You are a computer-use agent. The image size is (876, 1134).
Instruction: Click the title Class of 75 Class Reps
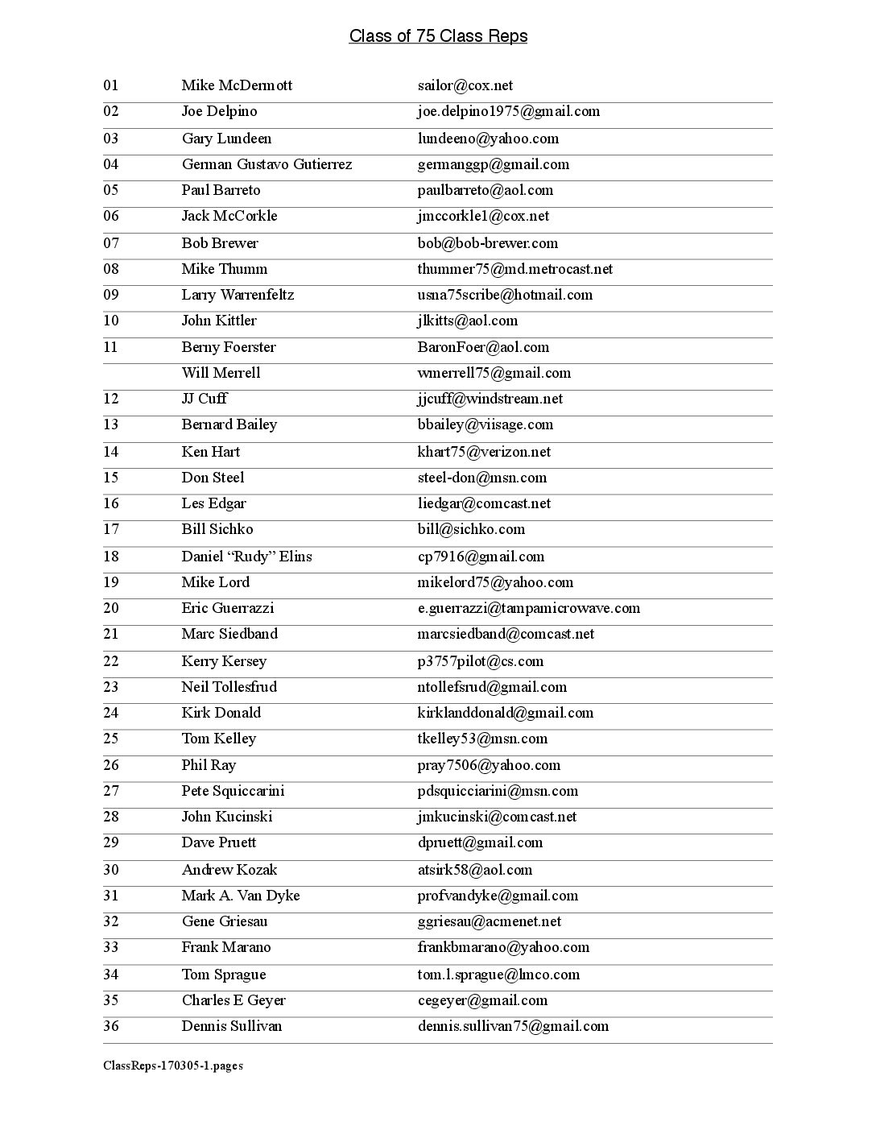[438, 36]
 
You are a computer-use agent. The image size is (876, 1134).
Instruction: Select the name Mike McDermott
[237, 85]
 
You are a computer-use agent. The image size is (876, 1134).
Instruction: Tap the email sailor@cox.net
[465, 85]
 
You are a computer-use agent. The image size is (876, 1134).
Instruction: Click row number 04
[110, 164]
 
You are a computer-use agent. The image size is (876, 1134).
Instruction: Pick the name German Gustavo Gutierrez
[267, 164]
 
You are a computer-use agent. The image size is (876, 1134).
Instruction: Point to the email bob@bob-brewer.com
[487, 243]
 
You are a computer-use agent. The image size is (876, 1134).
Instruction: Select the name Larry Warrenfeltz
[238, 295]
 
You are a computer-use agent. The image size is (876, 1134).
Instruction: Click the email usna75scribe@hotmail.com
[505, 295]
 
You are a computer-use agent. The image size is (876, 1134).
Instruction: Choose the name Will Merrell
[221, 373]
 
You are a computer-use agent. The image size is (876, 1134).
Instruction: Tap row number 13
[110, 424]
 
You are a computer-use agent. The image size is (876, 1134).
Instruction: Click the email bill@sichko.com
[471, 529]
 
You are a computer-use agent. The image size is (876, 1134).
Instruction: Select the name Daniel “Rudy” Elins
[246, 557]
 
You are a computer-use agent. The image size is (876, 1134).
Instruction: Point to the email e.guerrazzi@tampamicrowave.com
[528, 608]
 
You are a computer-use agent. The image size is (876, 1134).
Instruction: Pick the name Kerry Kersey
[224, 661]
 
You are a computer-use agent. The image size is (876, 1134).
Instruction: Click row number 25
[110, 739]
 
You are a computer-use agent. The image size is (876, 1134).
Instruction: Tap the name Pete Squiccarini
[233, 791]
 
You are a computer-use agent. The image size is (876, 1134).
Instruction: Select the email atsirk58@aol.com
[474, 870]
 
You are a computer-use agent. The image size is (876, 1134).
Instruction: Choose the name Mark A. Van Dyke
[240, 896]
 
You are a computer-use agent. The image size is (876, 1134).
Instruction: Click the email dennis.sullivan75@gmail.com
[513, 1026]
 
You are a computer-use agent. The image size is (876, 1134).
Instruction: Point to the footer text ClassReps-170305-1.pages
[173, 1066]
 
